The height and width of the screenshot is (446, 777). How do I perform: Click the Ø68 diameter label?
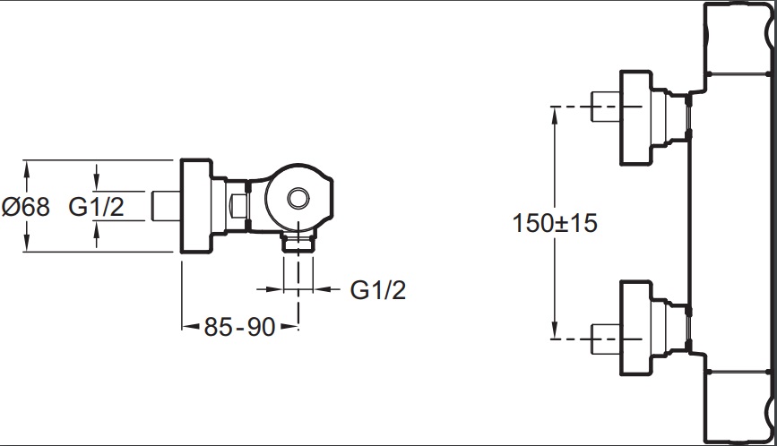click(x=26, y=206)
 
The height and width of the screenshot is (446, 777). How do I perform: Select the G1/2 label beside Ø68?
click(x=96, y=206)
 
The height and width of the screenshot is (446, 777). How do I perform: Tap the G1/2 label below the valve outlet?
click(x=378, y=289)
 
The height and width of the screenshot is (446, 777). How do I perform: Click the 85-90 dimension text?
click(x=240, y=327)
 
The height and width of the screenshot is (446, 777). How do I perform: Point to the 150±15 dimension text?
click(x=555, y=223)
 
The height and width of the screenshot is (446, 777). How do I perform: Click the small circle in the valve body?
click(x=298, y=198)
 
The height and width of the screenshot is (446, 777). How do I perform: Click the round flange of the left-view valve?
click(x=197, y=206)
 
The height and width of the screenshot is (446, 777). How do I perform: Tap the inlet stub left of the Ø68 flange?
click(x=166, y=206)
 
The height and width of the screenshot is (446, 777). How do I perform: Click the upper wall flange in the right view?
click(x=635, y=118)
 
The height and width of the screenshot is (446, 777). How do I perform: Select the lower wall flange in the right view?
click(x=635, y=328)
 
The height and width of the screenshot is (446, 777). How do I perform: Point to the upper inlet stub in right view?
click(x=606, y=107)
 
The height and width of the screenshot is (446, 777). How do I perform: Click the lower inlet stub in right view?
click(x=606, y=339)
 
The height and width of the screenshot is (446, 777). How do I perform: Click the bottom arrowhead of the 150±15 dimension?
click(x=555, y=330)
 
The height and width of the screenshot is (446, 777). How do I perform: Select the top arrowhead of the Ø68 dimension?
click(x=27, y=168)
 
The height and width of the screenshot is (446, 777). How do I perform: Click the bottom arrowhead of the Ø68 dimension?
click(x=27, y=244)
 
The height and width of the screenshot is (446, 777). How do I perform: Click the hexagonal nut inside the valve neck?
click(x=239, y=205)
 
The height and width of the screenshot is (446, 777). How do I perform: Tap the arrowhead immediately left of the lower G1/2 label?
click(x=324, y=289)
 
